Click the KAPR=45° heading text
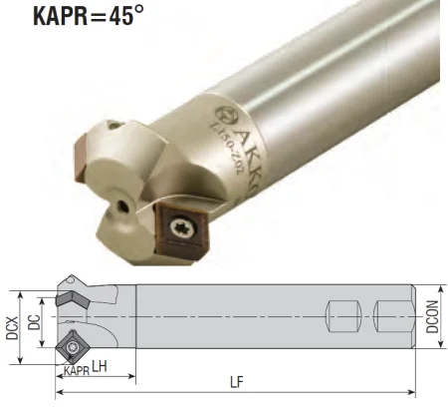tap(75, 18)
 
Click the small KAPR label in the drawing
tap(76, 371)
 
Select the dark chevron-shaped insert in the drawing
tap(69, 298)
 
